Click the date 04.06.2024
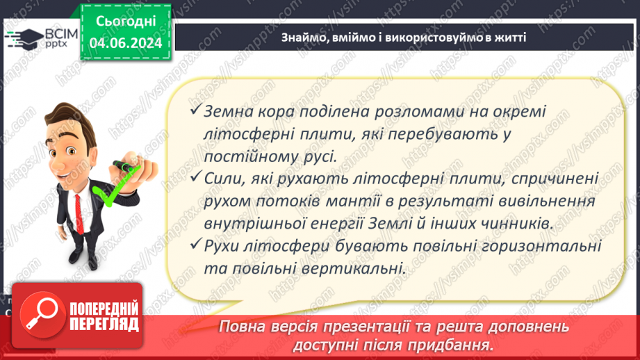pyautogui.click(x=126, y=43)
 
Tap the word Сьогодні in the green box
pyautogui.click(x=126, y=22)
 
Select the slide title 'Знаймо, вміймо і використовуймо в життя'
pyautogui.click(x=403, y=38)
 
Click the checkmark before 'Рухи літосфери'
pyautogui.click(x=196, y=246)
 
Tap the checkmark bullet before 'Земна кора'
pyautogui.click(x=196, y=112)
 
